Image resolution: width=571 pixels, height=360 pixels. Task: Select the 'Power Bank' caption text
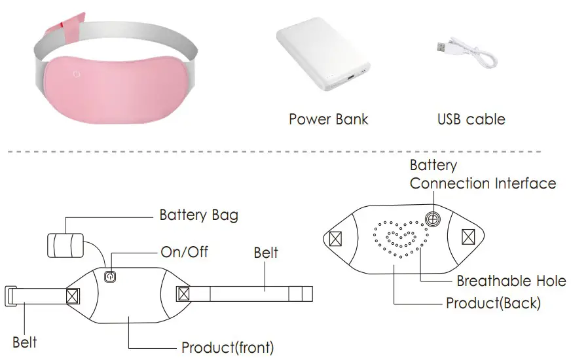coord(328,119)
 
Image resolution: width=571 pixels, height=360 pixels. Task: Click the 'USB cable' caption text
coord(471,119)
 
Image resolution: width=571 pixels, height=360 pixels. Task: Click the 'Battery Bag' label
coord(198,215)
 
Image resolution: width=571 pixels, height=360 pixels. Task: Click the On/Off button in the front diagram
coord(110,277)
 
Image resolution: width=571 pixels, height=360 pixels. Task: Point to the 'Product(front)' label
coord(227,347)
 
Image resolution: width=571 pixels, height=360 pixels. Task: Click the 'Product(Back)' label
coord(493,304)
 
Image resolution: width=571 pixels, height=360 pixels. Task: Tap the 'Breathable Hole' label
coord(511,281)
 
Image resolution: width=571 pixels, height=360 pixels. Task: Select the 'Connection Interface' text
coord(483,183)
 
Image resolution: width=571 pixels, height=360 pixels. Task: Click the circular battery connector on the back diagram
coord(432,218)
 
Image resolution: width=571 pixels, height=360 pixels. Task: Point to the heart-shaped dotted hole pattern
coord(399,240)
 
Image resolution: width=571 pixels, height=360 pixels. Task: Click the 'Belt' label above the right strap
coord(266,253)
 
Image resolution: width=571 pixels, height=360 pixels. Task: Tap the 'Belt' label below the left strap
coord(25,342)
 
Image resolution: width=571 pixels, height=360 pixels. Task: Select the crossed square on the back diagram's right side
coord(470,236)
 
